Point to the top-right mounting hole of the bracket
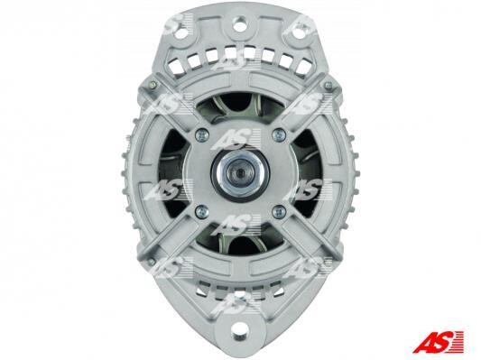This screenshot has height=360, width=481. coord(297,34)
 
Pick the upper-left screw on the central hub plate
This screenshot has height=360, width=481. coord(202,134)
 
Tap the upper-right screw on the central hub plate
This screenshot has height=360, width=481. coord(279,134)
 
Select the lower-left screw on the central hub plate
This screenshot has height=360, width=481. coord(202,211)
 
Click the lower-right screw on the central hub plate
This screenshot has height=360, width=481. coord(279,212)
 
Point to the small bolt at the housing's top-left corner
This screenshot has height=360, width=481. coord(153,85)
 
